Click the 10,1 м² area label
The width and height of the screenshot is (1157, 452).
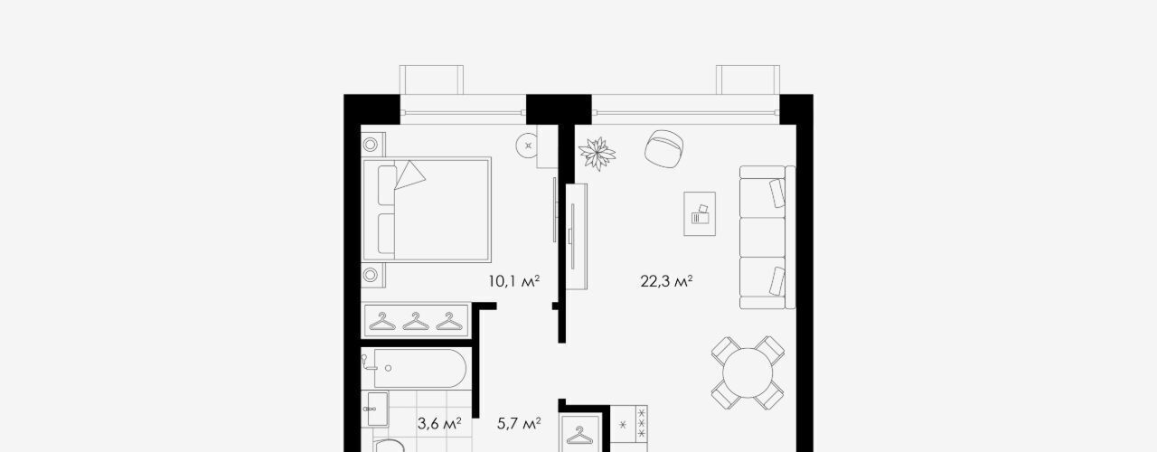click(514, 281)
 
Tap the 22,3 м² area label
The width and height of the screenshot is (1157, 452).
click(666, 281)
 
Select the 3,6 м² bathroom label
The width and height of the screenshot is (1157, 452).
click(439, 424)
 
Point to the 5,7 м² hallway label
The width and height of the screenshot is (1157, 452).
click(519, 424)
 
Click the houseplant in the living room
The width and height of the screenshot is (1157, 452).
click(597, 154)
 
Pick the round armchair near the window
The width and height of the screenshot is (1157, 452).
click(664, 149)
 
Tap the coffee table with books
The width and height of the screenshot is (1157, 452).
click(700, 214)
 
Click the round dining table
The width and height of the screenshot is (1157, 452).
click(748, 373)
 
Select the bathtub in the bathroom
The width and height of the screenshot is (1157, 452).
click(420, 368)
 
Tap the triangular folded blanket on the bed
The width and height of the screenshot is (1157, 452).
click(409, 175)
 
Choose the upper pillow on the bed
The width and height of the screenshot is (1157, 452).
click(386, 185)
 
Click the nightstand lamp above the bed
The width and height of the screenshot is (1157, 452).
click(371, 145)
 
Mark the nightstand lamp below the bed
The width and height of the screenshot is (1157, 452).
click(371, 274)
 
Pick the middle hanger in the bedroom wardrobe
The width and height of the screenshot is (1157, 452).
click(416, 321)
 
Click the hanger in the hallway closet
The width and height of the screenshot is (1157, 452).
click(579, 436)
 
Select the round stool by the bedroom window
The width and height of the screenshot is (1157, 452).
click(528, 146)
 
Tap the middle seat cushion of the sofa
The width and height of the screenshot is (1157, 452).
click(762, 237)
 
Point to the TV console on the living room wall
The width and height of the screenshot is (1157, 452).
click(577, 237)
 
